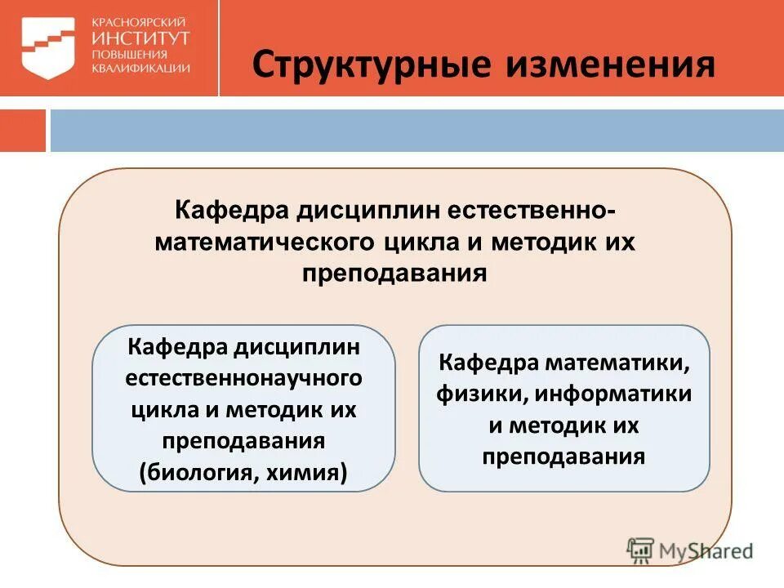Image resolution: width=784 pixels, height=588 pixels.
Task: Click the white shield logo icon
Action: pyautogui.click(x=47, y=48)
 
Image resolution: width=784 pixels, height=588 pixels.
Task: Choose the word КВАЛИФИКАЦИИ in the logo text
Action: pyautogui.click(x=141, y=69)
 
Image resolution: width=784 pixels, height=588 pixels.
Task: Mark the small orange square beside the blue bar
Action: pyautogui.click(x=22, y=131)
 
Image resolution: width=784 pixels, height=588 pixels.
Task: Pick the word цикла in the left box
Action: pyautogui.click(x=159, y=410)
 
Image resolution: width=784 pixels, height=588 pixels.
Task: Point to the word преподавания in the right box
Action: pyautogui.click(x=563, y=457)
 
